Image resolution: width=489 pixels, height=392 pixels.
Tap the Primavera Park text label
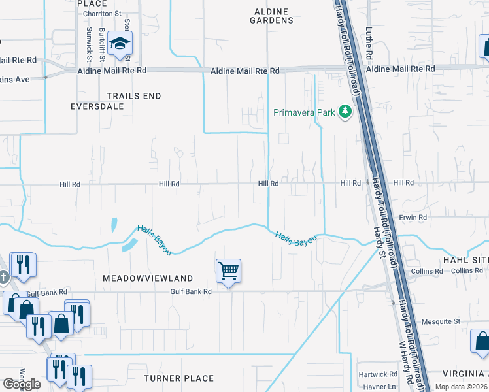click(304, 113)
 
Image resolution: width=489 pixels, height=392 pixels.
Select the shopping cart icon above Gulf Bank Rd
click(229, 270)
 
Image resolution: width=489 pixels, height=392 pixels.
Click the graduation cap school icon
click(120, 44)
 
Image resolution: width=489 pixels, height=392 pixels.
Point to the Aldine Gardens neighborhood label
click(271, 16)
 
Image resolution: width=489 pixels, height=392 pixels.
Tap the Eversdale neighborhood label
click(97, 105)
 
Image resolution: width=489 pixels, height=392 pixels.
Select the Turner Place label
click(178, 378)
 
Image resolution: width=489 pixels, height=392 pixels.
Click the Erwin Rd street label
click(413, 217)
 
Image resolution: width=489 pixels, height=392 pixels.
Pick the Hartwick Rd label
click(378, 374)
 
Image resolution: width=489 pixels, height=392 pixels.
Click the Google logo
click(22, 384)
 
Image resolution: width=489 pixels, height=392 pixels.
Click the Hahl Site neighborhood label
click(465, 260)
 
